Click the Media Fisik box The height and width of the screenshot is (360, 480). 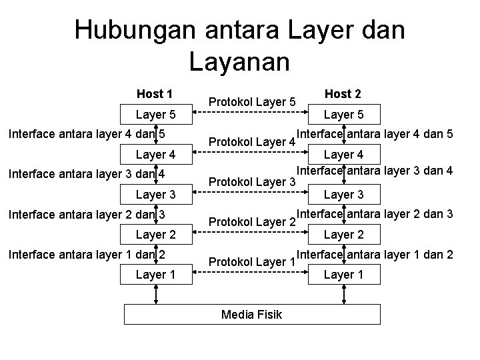[252, 314]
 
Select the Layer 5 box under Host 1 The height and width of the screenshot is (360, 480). [155, 115]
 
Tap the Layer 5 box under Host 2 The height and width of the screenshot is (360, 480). [343, 115]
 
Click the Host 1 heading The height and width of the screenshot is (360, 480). [155, 93]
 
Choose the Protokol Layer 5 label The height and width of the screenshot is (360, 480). [252, 102]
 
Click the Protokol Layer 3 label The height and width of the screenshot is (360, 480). [252, 182]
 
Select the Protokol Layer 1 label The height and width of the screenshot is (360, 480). [252, 262]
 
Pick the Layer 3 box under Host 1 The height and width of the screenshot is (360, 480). [155, 195]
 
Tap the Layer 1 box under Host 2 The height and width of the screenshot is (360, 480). [343, 275]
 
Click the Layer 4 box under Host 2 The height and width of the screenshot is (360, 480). [343, 155]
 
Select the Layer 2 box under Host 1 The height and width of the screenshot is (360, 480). [155, 235]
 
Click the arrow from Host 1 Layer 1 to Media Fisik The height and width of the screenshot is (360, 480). [155, 294]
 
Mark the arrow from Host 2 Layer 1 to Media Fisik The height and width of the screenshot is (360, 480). [343, 294]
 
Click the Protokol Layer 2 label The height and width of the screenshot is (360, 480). [252, 222]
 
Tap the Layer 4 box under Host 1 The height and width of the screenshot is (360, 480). [155, 155]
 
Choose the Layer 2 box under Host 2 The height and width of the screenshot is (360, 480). [343, 235]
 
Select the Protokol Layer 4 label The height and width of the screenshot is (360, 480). [252, 142]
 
